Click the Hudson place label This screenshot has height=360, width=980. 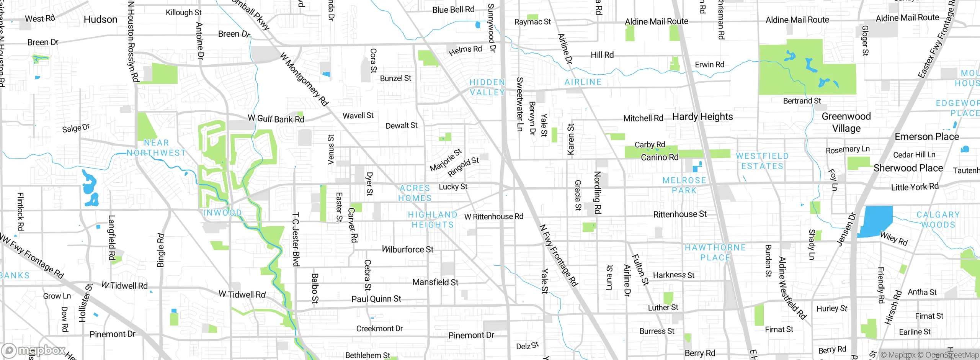tap(100, 20)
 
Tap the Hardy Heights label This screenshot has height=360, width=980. tap(702, 117)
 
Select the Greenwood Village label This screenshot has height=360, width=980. tap(846, 122)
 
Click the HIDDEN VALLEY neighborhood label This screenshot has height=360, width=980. tap(487, 87)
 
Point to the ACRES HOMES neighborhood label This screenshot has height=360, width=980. tap(415, 193)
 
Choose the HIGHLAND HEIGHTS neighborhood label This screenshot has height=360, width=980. tap(433, 220)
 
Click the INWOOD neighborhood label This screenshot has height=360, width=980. tap(222, 213)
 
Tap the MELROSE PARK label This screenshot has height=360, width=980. tap(684, 185)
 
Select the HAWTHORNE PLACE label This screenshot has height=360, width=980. tap(715, 252)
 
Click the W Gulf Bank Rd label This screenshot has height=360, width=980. tap(276, 119)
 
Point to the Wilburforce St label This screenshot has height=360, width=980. tap(407, 250)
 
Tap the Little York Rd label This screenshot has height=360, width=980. tap(915, 187)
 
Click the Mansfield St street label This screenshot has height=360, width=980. tap(435, 282)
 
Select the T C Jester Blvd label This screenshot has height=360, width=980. tap(296, 239)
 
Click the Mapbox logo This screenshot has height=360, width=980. tap(34, 350)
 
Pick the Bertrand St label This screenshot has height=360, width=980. tap(802, 101)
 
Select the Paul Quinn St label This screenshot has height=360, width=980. tap(376, 299)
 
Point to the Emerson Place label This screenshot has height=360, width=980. tap(926, 137)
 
